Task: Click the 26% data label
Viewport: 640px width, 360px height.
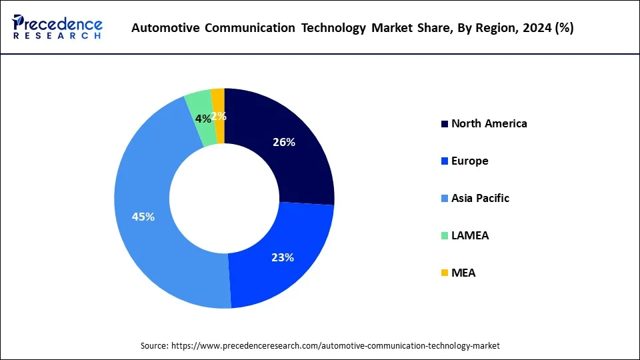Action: pos(284,142)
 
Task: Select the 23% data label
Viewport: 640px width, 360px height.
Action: pos(283,257)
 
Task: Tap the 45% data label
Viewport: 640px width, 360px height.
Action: pos(143,217)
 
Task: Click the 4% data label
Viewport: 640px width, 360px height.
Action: pos(203,119)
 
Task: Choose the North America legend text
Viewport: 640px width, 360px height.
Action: pos(489,123)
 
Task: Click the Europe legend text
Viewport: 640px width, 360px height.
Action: pos(469,161)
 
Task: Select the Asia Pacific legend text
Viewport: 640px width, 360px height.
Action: pos(480,198)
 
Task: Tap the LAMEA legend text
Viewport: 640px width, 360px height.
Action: pos(469,235)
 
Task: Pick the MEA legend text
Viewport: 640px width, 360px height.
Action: pos(463,273)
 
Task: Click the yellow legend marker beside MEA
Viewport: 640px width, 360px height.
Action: pos(444,273)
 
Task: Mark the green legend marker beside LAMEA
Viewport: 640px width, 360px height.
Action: pos(444,236)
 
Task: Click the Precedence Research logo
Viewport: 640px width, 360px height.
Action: pos(57,27)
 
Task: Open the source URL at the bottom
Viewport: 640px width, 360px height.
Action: pos(320,346)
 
